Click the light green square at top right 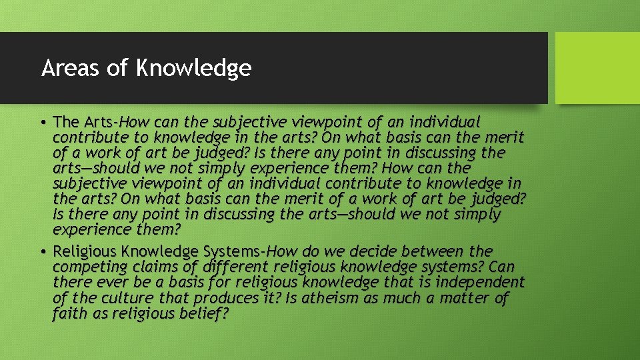597,67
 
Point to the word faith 69,313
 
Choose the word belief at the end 203,313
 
